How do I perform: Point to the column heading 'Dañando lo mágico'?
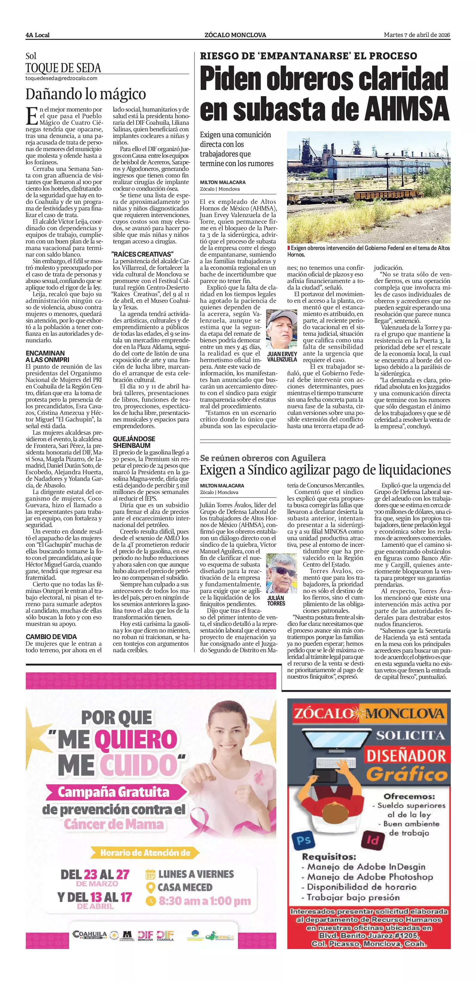(x=85, y=94)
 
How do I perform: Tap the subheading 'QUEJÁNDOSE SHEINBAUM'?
(x=134, y=442)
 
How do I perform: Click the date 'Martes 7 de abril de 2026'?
(x=417, y=35)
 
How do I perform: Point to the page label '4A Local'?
(x=38, y=35)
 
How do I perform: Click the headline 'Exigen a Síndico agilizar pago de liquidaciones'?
(x=325, y=470)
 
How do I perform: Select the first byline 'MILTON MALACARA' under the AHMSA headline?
(x=223, y=182)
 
